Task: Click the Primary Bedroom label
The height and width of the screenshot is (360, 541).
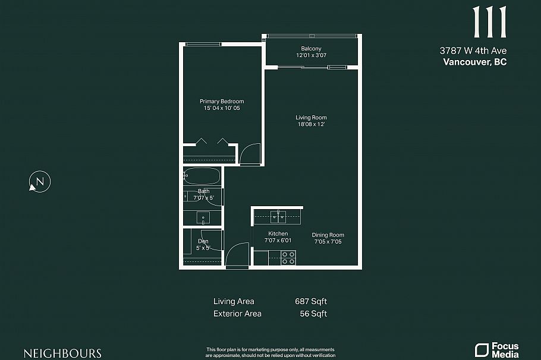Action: click(222, 102)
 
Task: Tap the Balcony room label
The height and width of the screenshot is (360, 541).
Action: click(311, 48)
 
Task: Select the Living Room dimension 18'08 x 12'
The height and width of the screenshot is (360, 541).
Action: click(311, 125)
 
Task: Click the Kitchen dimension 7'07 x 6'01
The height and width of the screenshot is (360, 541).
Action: click(278, 241)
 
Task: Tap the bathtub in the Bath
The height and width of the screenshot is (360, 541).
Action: click(202, 176)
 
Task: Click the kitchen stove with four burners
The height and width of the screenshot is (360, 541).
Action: click(288, 257)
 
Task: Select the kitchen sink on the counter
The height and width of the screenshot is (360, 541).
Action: click(278, 216)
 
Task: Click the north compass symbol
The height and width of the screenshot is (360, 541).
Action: click(40, 182)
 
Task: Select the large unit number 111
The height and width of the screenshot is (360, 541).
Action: click(489, 23)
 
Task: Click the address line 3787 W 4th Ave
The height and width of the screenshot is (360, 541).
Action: click(473, 51)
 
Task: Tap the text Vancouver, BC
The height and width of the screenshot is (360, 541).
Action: click(475, 62)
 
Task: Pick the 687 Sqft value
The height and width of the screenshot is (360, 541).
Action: click(311, 301)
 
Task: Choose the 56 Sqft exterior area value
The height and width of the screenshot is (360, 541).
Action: click(313, 314)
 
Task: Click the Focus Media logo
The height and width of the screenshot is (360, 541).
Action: click(496, 350)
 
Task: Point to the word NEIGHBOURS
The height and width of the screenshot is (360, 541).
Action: click(62, 353)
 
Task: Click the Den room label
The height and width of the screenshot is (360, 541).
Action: click(203, 241)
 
